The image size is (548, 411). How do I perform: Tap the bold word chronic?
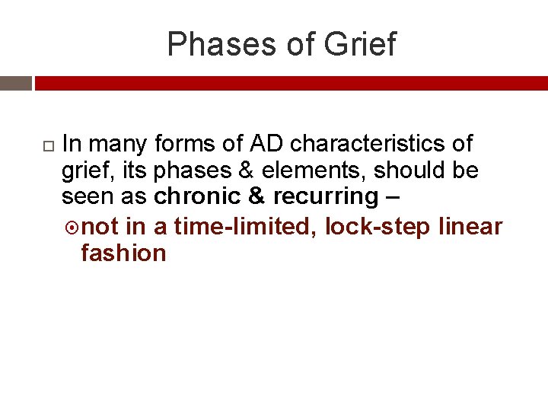coord(198,196)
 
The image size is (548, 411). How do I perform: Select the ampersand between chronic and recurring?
coord(257,196)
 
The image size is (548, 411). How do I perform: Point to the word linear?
coord(472,227)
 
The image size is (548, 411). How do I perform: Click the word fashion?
coord(123,253)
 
